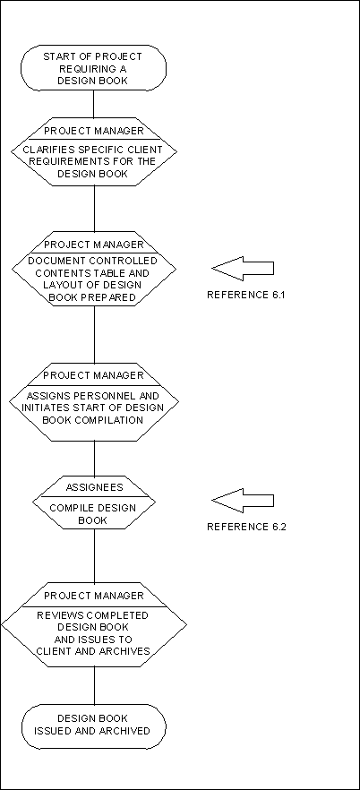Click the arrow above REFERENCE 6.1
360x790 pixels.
pos(242,268)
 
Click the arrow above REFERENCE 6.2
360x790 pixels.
pos(242,501)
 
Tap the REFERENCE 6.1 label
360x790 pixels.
pos(246,296)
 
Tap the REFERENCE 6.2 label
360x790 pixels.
pos(246,527)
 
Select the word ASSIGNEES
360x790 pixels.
pos(94,487)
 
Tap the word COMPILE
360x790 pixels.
pos(70,508)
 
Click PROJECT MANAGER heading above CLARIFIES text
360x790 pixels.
pos(94,131)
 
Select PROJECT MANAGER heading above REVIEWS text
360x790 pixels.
pos(94,596)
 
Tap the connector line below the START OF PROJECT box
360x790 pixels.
pos(94,104)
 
